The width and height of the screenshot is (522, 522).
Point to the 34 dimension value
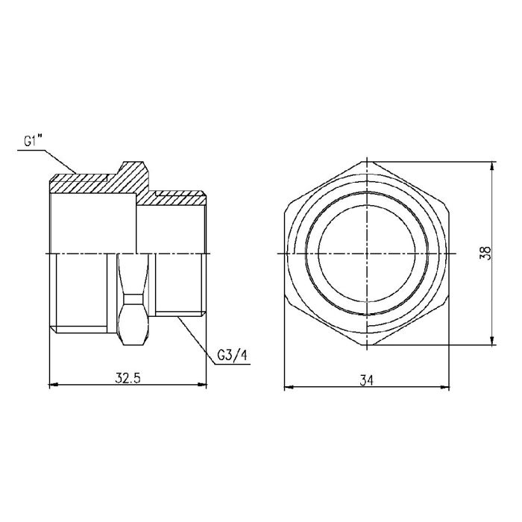(x=366, y=380)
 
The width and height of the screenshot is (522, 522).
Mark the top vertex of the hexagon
(x=368, y=162)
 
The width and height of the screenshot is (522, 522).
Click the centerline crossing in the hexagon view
(x=368, y=254)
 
